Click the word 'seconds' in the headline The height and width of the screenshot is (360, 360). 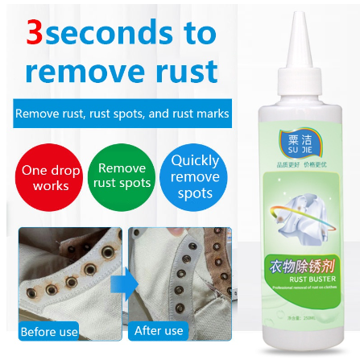click(x=106, y=33)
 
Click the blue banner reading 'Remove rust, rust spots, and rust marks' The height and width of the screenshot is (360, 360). click(x=122, y=114)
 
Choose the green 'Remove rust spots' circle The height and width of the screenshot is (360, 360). click(x=122, y=176)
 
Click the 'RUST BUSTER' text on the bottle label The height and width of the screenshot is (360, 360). click(x=305, y=278)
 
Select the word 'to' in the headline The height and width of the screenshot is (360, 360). click(x=197, y=33)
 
